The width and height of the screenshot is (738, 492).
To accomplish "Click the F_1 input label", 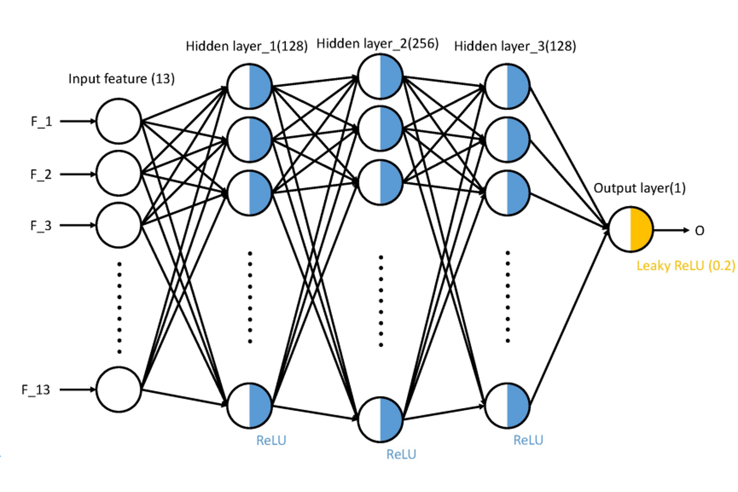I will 42,121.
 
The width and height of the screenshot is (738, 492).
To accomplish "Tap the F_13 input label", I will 36,389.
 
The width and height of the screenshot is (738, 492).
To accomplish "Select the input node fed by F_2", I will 118,174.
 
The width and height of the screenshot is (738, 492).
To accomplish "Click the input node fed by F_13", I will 118,389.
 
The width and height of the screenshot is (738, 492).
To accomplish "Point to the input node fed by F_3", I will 118,225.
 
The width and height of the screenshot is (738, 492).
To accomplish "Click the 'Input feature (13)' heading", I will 121,79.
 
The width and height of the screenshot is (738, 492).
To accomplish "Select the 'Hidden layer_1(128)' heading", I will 247,46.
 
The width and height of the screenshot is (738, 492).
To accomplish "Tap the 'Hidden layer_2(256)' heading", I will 377,43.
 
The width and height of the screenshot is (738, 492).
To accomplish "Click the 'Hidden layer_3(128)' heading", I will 515,46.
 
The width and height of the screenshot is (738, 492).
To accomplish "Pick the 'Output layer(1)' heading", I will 639,188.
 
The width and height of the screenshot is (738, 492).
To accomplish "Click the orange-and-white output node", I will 630,230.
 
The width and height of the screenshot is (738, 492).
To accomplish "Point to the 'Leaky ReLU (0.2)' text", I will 686,265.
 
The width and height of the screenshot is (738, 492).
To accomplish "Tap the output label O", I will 700,230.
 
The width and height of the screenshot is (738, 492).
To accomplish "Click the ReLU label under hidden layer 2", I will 401,454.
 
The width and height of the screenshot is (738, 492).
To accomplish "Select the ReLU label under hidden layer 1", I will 271,440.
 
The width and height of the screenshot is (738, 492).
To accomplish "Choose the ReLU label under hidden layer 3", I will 528,440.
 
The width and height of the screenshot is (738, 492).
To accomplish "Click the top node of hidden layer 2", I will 380,77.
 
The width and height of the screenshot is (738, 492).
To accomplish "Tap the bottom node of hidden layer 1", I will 249,405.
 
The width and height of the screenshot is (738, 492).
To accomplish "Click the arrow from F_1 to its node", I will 77,121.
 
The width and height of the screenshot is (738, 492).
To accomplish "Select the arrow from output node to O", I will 671,230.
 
